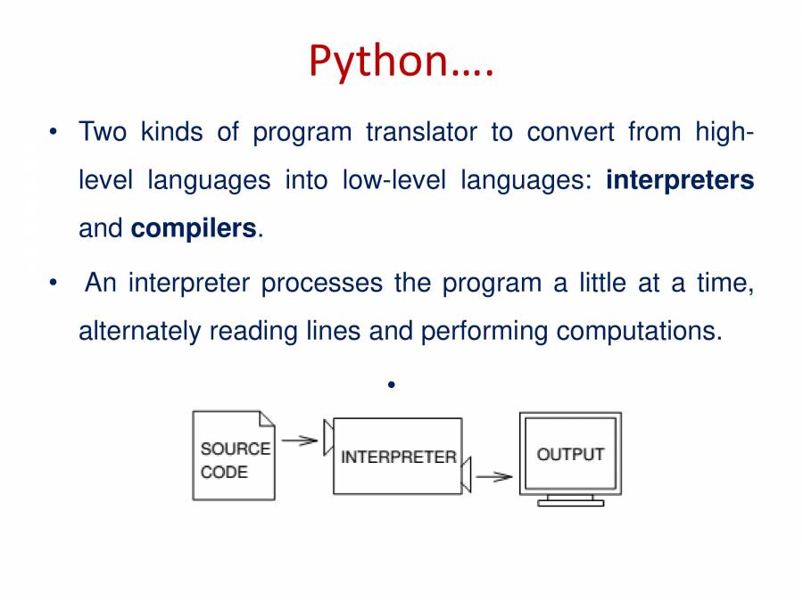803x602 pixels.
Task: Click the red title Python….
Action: click(401, 62)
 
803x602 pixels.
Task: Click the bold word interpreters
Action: click(680, 180)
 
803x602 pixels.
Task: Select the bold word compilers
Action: click(194, 228)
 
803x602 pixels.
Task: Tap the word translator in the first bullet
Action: click(421, 132)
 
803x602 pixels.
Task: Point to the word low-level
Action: click(394, 179)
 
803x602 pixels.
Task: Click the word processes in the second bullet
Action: click(321, 283)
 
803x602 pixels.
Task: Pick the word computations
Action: click(639, 331)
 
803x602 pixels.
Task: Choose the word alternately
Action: click(139, 331)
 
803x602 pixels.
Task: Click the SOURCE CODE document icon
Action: click(234, 456)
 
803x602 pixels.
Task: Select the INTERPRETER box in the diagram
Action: click(397, 456)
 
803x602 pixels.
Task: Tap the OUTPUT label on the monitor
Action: click(570, 454)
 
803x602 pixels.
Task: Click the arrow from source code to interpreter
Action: click(300, 441)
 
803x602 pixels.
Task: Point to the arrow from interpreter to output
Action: click(493, 476)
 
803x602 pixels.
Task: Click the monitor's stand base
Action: click(570, 503)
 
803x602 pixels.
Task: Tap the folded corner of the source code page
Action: click(267, 419)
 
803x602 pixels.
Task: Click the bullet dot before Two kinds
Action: click(54, 132)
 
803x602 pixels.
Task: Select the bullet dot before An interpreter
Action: click(54, 283)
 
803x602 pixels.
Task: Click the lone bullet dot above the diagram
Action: click(392, 384)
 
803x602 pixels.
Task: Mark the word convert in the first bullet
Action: click(570, 132)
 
